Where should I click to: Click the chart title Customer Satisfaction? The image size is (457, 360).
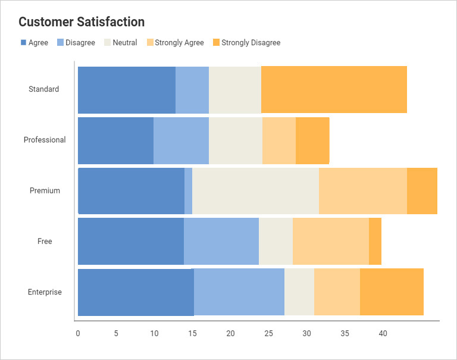click(x=82, y=22)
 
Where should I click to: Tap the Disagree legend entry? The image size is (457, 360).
click(x=76, y=43)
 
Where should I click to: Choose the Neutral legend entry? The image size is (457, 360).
click(x=121, y=43)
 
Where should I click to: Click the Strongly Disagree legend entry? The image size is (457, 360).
click(x=246, y=43)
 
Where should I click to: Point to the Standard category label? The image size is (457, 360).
click(x=44, y=89)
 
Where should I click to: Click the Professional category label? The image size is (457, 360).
click(x=45, y=140)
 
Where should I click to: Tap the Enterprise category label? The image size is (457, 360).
click(x=45, y=292)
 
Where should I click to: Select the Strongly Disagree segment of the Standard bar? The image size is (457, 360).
click(x=334, y=89)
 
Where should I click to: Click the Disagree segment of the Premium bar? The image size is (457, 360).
click(x=188, y=191)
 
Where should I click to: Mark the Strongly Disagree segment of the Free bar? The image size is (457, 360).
click(x=375, y=241)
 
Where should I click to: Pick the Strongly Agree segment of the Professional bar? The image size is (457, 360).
click(x=279, y=140)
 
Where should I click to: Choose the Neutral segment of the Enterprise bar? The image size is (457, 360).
click(x=299, y=292)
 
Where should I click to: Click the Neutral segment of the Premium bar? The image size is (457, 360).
click(x=255, y=191)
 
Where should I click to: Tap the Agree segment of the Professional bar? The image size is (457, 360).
click(x=115, y=140)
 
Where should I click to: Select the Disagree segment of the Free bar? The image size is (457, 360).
click(x=221, y=241)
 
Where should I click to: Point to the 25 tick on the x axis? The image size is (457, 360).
click(x=268, y=333)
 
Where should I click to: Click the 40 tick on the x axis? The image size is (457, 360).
click(x=383, y=333)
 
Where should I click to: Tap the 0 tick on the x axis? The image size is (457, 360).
click(x=78, y=333)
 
